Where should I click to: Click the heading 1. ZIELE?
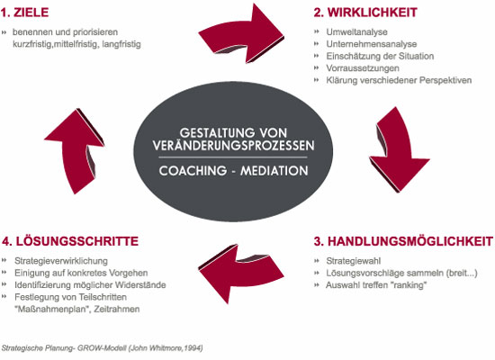pyautogui.click(x=24, y=13)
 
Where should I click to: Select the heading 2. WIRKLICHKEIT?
pyautogui.click(x=365, y=13)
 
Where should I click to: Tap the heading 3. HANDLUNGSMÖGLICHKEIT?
pyautogui.click(x=403, y=241)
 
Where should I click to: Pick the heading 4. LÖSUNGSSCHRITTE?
pyautogui.click(x=70, y=241)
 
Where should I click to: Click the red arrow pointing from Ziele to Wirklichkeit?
pyautogui.click(x=243, y=34)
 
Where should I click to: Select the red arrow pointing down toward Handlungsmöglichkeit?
pyautogui.click(x=399, y=148)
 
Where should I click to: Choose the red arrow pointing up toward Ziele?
pyautogui.click(x=75, y=151)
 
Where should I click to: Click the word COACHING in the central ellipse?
pyautogui.click(x=193, y=171)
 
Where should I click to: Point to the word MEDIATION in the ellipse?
pyautogui.click(x=274, y=171)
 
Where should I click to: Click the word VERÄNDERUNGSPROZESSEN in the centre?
pyautogui.click(x=234, y=146)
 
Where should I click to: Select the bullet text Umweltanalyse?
pyautogui.click(x=356, y=31)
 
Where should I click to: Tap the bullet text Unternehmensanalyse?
pyautogui.click(x=372, y=44)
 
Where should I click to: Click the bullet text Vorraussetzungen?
pyautogui.click(x=363, y=68)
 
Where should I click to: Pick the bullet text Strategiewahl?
pyautogui.click(x=354, y=261)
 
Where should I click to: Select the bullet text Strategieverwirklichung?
pyautogui.click(x=61, y=261)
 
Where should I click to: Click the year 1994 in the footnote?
pyautogui.click(x=193, y=348)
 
